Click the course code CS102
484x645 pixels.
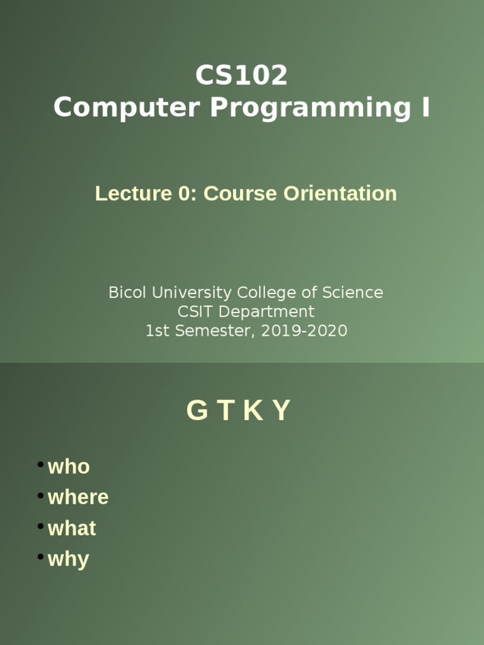pos(241,76)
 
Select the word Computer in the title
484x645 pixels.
pos(127,108)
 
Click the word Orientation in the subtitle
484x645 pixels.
pos(340,193)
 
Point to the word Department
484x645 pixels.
pos(263,312)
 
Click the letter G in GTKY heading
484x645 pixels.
pos(197,411)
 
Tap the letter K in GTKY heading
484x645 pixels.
pos(252,411)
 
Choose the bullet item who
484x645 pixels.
pos(69,467)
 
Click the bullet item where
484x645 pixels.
pos(78,497)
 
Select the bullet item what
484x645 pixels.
pos(72,528)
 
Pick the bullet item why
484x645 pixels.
pos(68,559)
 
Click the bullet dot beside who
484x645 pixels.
pos(40,465)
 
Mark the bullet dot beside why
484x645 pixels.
pos(40,557)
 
